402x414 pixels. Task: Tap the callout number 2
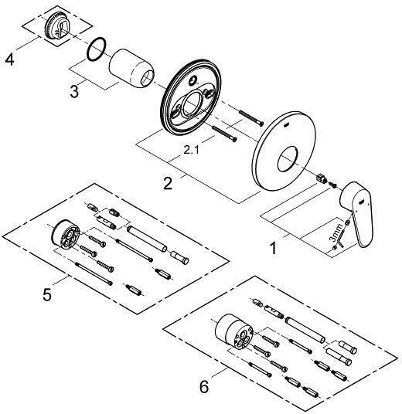[x=167, y=183]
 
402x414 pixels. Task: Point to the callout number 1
[x=271, y=249]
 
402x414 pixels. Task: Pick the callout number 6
[x=204, y=385]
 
